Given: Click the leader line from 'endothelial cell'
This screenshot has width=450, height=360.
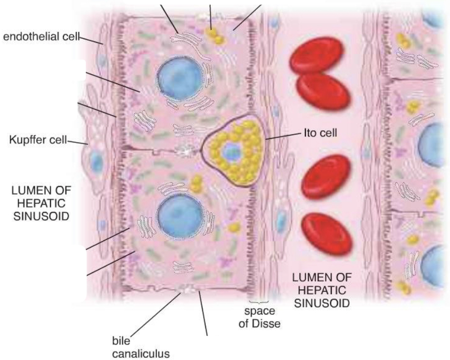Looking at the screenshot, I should coord(93,41).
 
